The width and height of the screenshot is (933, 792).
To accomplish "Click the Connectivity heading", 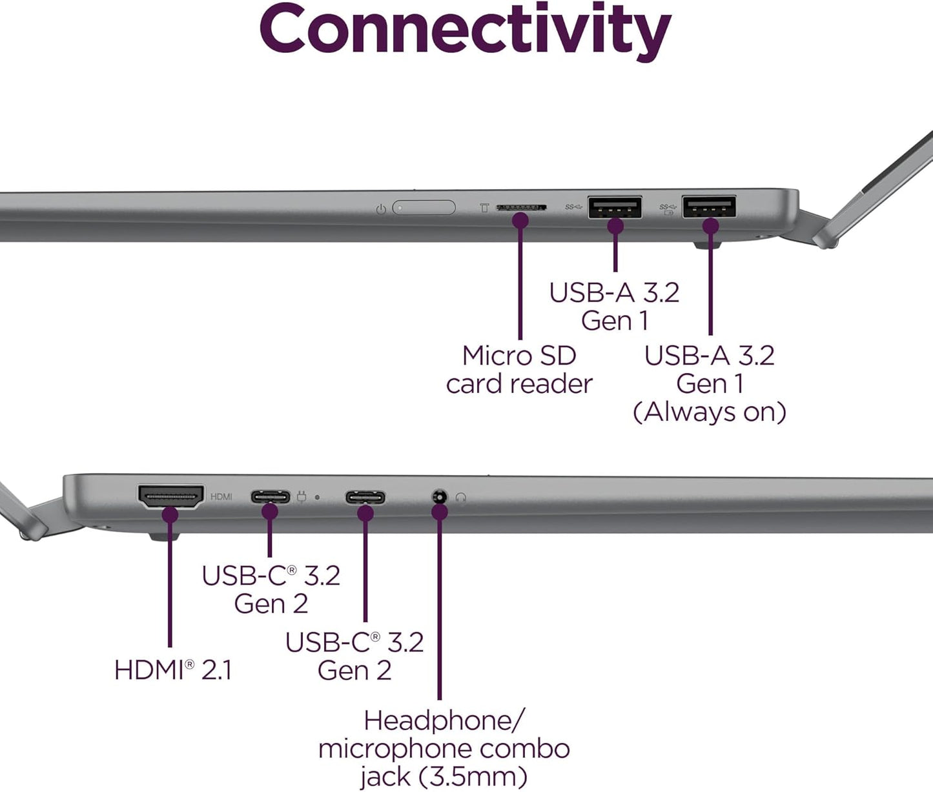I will (465, 29).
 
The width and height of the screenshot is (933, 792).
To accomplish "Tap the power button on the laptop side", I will (424, 208).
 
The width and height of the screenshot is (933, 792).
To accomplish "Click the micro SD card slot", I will (521, 208).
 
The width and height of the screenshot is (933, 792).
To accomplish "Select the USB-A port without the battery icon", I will (615, 207).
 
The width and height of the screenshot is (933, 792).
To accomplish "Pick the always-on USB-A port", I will (709, 208).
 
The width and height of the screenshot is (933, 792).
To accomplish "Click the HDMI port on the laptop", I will (170, 496).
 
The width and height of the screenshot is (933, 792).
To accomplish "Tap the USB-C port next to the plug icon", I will (271, 497).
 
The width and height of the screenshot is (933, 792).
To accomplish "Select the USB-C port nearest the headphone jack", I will (365, 498).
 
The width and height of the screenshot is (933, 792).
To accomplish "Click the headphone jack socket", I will (439, 497).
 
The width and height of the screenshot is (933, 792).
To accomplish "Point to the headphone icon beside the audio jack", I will (461, 498).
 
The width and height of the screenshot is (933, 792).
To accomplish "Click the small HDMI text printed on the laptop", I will (221, 496).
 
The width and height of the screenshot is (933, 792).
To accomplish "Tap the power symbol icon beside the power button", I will (381, 209).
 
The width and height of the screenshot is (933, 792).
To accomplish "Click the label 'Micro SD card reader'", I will (519, 370).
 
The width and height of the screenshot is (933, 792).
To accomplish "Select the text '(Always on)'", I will (710, 412).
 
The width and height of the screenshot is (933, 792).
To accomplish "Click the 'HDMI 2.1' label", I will (172, 670).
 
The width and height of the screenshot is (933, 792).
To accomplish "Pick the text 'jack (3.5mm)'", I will (444, 777).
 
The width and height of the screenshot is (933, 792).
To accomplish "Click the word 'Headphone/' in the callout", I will (444, 720).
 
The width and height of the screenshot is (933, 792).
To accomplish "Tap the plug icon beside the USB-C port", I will (302, 497).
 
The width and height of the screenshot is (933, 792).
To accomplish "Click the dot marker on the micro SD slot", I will (520, 221).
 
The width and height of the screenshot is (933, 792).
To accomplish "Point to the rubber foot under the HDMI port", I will (165, 536).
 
